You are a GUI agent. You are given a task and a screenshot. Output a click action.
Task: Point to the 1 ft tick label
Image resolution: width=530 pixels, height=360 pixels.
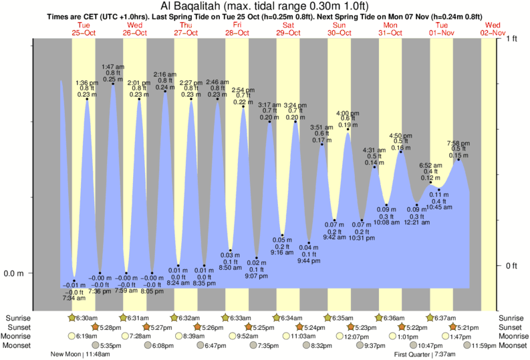tap(511, 39)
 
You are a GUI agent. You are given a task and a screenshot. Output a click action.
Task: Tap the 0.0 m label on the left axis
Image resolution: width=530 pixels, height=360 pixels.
tap(15, 273)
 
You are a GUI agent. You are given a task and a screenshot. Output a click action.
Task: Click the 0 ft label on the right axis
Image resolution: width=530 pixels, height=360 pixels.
tap(511, 266)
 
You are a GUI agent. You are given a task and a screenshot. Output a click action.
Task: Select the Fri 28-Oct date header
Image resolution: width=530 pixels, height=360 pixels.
tap(237, 28)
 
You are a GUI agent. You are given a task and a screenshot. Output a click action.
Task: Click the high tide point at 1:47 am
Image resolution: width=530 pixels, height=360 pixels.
tap(112, 83)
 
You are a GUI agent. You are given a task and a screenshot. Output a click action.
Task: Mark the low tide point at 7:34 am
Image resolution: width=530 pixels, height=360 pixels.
tap(74, 281)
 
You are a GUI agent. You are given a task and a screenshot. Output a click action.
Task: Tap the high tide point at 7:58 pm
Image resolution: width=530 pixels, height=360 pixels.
tap(458, 159)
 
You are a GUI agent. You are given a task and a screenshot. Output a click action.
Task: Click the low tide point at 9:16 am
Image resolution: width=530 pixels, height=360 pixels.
tap(283, 235)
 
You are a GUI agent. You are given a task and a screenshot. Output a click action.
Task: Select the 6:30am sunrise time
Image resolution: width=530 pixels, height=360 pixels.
tap(85, 318)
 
